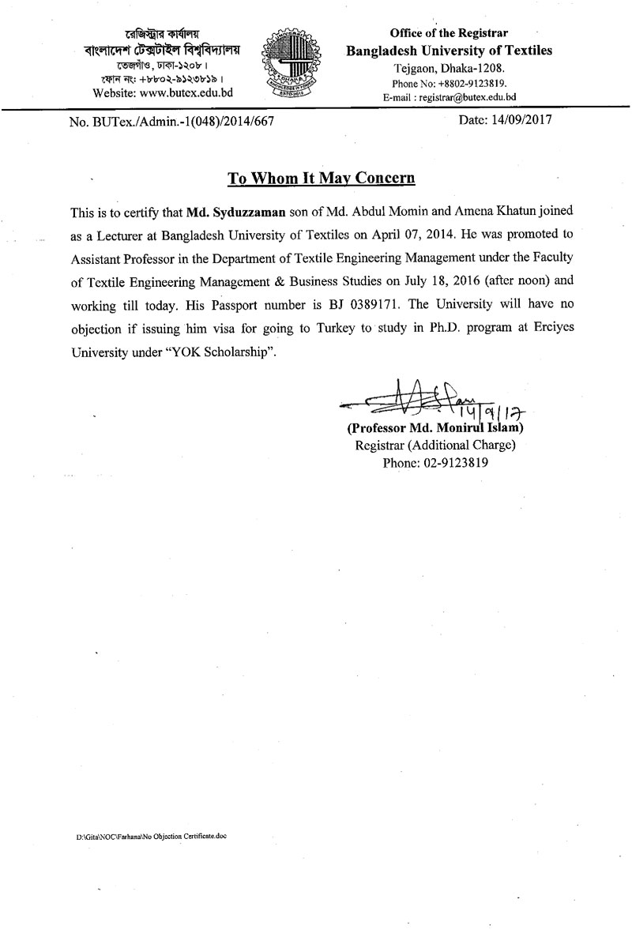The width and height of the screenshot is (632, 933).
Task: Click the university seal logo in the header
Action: [x=292, y=62]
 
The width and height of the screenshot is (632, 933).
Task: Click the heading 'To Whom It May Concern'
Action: [x=322, y=178]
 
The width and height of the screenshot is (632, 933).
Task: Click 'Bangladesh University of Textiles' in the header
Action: [x=450, y=51]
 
